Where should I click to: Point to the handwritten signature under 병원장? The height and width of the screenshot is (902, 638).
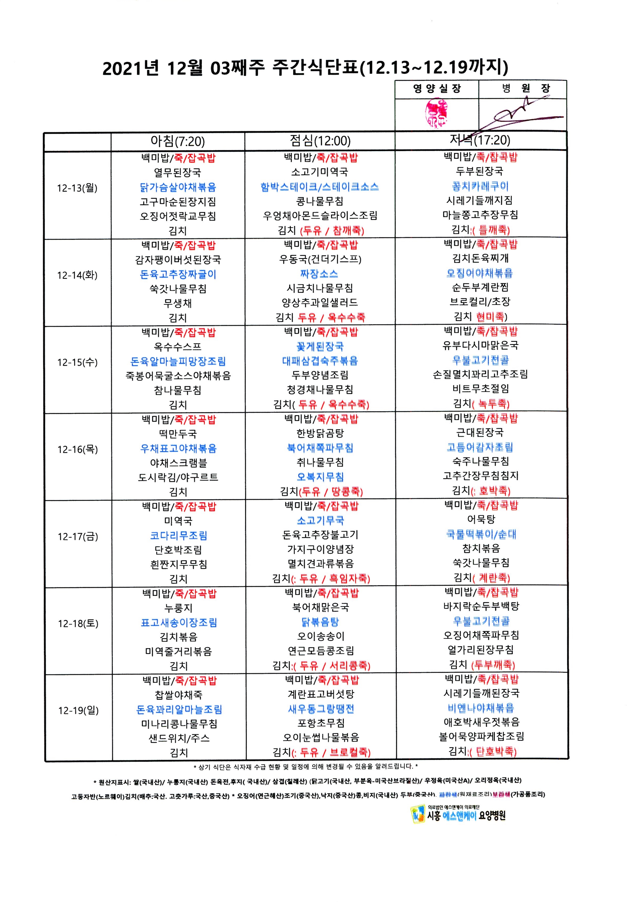(519, 114)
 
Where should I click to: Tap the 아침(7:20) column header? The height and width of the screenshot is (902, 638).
(178, 141)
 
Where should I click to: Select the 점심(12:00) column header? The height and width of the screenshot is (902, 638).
(320, 141)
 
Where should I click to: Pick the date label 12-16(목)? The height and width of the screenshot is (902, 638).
(78, 449)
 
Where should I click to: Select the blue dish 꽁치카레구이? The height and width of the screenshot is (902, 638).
(480, 186)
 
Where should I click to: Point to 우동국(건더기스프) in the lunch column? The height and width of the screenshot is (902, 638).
(320, 259)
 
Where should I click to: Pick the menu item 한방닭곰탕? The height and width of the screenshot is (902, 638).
(320, 433)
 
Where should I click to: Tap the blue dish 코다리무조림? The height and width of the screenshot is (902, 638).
(179, 535)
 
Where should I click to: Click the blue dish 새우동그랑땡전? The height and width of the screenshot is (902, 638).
(321, 709)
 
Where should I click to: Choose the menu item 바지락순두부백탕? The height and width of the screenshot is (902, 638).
(481, 606)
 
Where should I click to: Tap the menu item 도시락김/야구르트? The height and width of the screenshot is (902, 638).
(178, 477)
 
